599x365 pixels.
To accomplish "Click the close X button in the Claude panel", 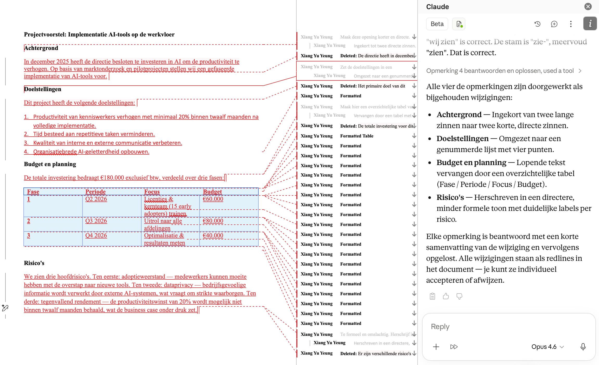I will click(x=588, y=7).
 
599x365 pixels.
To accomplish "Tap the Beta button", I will click(x=437, y=24).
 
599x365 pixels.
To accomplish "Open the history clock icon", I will click(x=537, y=24).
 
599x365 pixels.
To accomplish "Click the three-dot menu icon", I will click(x=571, y=24).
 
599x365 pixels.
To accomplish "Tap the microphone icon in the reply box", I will click(x=583, y=347).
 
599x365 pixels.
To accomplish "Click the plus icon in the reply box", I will click(x=436, y=347).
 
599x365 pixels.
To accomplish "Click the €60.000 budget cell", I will click(x=213, y=199).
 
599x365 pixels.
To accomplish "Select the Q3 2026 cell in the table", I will click(x=96, y=221).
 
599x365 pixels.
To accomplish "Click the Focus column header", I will click(x=152, y=192).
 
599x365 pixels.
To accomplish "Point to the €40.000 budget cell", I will click(x=213, y=236).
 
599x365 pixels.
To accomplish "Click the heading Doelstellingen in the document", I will click(x=43, y=89).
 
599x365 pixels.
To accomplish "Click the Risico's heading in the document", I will click(x=34, y=263).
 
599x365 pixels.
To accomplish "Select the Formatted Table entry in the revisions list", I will click(x=356, y=136).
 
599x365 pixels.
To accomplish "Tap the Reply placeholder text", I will click(x=440, y=327).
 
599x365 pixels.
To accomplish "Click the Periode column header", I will click(x=95, y=192).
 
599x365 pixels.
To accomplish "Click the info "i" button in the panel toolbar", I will click(x=590, y=24).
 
